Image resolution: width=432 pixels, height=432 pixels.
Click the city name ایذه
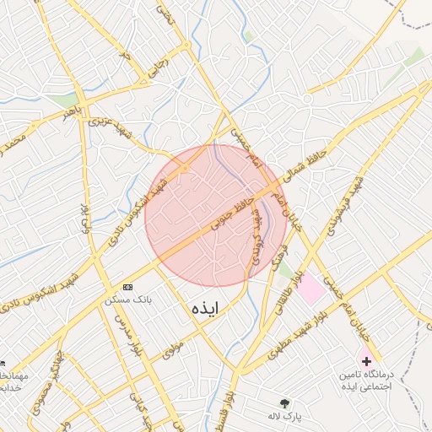point(205,309)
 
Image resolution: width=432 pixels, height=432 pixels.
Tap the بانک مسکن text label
point(127,300)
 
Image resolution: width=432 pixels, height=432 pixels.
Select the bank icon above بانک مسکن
point(127,287)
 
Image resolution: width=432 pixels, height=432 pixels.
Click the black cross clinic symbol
point(366,360)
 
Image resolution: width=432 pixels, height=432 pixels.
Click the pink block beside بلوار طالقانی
point(312,289)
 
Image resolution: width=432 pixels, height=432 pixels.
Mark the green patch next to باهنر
point(62,100)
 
